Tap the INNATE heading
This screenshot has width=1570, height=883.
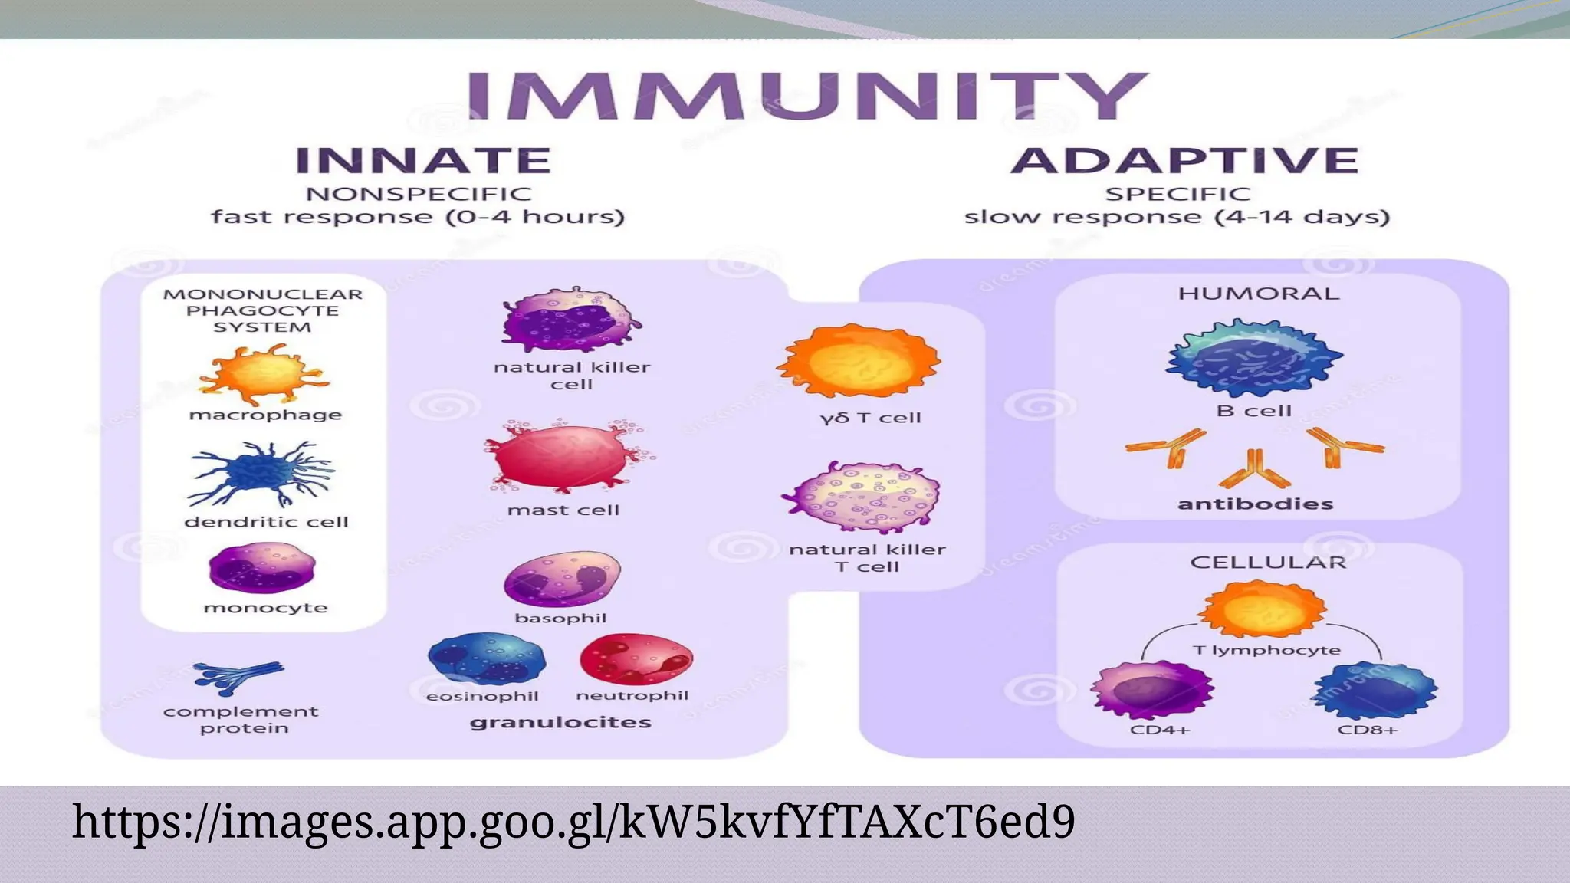coord(423,161)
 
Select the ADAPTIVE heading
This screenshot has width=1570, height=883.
coord(1184,161)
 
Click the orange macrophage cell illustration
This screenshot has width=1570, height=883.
coord(264,374)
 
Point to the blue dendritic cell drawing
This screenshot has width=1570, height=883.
coord(261,472)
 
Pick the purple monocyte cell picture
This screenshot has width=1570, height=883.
coord(262,568)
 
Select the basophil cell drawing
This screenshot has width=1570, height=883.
coord(562,579)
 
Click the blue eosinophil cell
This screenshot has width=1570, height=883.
coord(486,659)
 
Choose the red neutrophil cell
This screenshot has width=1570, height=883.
coord(636,659)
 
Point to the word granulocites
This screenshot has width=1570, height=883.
coord(560,722)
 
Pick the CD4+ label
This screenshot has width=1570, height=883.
coord(1159,730)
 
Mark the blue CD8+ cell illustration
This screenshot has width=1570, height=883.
coord(1374,691)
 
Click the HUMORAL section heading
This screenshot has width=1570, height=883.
coord(1258,294)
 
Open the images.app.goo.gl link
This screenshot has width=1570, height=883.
coord(573,822)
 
